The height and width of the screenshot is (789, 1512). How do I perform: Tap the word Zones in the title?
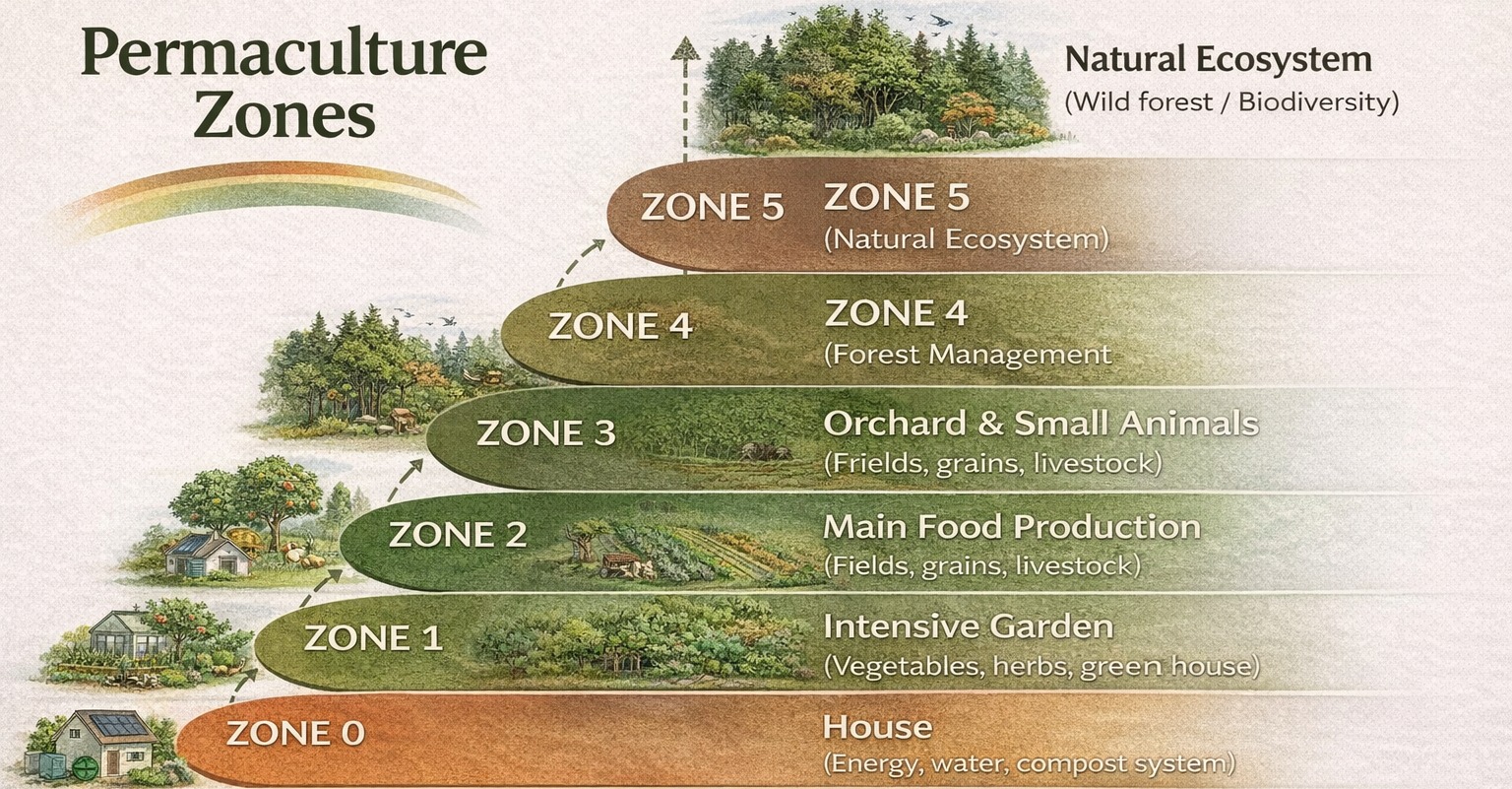[x=284, y=115]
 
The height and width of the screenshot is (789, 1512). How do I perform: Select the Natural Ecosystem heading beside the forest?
[x=1219, y=59]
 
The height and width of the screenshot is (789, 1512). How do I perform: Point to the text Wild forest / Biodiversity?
[x=1231, y=102]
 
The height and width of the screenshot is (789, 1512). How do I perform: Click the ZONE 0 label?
[x=295, y=733]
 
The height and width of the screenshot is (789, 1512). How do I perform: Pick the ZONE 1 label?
[x=373, y=637]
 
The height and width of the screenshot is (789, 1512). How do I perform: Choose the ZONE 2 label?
[x=458, y=534]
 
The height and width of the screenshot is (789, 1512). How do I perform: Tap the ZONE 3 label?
[x=546, y=433]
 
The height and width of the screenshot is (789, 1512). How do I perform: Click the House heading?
[x=877, y=728]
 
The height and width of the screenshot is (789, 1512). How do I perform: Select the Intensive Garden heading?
[x=968, y=626]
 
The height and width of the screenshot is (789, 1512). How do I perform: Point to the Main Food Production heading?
[x=1012, y=527]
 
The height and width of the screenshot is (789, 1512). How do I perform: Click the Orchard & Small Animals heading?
[x=1040, y=424]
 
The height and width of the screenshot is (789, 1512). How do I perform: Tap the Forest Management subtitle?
[x=968, y=355]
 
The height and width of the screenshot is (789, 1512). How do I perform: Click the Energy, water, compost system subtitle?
[x=1030, y=763]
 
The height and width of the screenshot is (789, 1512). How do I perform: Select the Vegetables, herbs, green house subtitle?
[x=1041, y=666]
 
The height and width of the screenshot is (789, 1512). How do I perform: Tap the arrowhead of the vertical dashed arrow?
[x=684, y=48]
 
